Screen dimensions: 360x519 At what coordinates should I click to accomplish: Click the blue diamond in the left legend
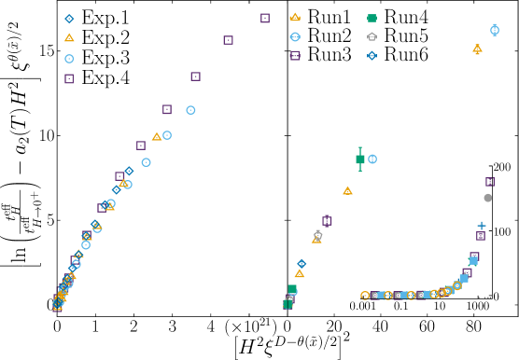tap(69, 19)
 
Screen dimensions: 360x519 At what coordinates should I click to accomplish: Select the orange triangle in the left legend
tap(69, 38)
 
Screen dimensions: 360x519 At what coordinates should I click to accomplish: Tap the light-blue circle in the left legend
tap(69, 59)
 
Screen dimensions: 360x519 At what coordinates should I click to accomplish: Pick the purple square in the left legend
tap(69, 79)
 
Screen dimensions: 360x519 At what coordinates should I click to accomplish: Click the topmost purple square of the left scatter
tap(265, 18)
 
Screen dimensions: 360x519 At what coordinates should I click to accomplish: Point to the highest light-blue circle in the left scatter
tap(190, 110)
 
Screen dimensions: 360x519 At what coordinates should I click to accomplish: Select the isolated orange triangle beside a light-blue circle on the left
tap(156, 137)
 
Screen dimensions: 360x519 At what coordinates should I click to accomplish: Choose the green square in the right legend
tap(372, 18)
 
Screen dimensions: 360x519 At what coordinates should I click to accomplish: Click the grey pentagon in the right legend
tap(372, 37)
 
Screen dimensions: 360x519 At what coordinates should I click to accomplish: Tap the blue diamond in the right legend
tap(372, 56)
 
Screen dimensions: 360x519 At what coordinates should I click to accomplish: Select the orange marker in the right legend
tap(295, 17)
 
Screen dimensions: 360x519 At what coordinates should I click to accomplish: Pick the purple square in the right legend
tap(295, 56)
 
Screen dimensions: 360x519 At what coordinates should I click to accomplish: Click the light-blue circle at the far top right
tap(495, 30)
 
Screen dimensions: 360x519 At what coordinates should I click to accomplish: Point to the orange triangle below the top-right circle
tap(477, 49)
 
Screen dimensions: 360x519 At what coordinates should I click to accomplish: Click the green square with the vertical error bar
tap(360, 159)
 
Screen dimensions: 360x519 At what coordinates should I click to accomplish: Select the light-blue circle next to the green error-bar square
tap(372, 159)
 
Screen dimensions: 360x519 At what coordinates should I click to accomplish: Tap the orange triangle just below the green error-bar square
tap(347, 191)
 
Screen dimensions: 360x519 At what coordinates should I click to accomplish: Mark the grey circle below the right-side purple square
tap(487, 198)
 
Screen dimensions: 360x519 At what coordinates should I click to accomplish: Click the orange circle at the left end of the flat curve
tap(365, 296)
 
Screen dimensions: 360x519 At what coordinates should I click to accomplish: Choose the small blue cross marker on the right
tap(482, 226)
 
